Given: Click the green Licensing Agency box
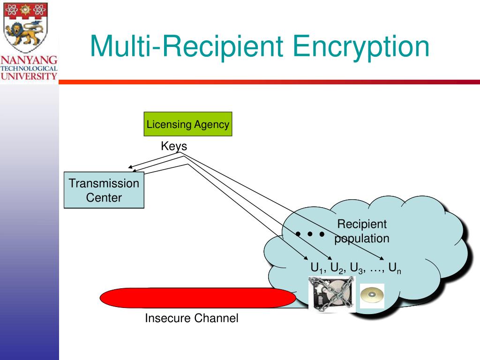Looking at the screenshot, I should (x=188, y=124).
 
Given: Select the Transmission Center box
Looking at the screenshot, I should (x=104, y=190).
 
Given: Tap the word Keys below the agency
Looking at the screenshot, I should (x=174, y=146).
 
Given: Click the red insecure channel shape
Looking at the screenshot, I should (x=197, y=298).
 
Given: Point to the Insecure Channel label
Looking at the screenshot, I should (x=191, y=318).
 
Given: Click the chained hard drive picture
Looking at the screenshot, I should (x=331, y=294).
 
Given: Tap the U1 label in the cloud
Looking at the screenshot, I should (x=317, y=269).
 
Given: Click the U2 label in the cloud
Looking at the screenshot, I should (x=337, y=269).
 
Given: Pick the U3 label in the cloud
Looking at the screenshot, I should (x=357, y=269).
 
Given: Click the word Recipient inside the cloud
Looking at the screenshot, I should (x=362, y=224).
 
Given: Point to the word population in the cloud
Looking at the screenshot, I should (x=362, y=238).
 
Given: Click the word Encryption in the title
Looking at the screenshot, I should (x=361, y=47).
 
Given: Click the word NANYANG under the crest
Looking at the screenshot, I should (x=29, y=60).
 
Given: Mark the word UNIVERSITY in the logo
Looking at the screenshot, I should (x=29, y=75).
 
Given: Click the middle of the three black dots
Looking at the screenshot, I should (x=310, y=233).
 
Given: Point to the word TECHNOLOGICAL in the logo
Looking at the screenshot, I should (x=29, y=68).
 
